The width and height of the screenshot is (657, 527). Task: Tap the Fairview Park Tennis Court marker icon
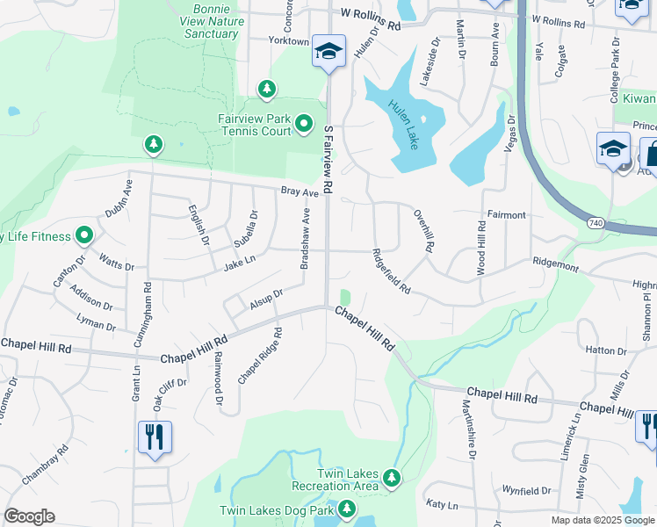[x=304, y=124]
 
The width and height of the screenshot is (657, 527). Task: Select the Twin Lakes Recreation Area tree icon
[x=391, y=480]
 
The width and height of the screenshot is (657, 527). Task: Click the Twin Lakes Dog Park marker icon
[x=348, y=509]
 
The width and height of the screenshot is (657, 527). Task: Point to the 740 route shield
[x=596, y=224]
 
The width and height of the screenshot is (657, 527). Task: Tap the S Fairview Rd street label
[x=328, y=159]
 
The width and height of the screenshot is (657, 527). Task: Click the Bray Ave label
[x=299, y=191]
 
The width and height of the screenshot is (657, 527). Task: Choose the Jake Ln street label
[x=239, y=260]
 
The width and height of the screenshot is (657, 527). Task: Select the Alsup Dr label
[x=266, y=299]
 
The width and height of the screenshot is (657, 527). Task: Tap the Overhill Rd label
[x=423, y=230]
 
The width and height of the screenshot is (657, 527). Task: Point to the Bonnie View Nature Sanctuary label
[x=212, y=21]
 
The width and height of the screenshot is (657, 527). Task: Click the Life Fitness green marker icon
[x=84, y=235]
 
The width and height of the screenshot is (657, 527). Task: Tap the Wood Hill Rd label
[x=481, y=249]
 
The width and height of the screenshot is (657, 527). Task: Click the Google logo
[x=29, y=516]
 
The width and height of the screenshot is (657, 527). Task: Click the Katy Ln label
[x=442, y=505]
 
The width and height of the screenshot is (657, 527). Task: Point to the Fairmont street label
[x=506, y=214]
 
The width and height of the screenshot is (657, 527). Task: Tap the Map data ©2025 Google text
[x=603, y=520]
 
